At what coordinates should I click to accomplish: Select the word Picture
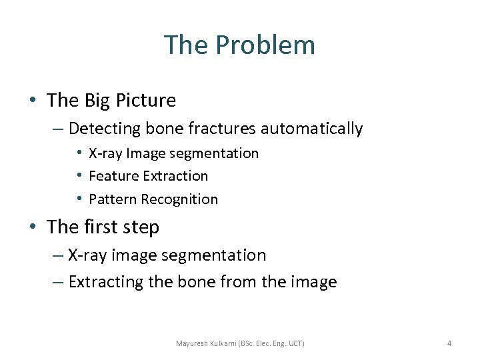click(x=146, y=101)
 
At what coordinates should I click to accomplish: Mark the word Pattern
click(x=111, y=199)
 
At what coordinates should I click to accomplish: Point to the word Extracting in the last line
click(x=106, y=282)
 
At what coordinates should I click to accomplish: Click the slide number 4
click(x=449, y=343)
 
